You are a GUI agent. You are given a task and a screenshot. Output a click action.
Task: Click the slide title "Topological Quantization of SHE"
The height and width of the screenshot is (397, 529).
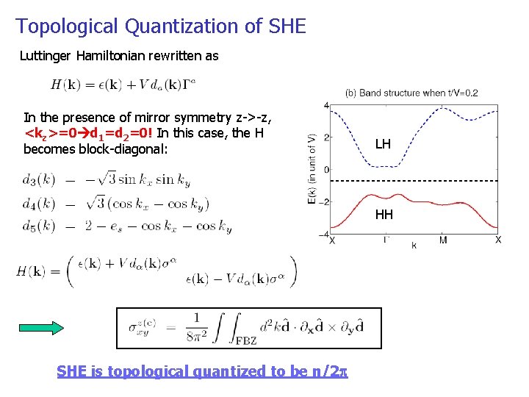tap(160, 26)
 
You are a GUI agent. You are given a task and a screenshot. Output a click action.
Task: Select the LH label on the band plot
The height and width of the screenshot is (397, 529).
tap(383, 144)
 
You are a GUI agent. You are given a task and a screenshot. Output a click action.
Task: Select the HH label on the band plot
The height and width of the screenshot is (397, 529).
tap(384, 215)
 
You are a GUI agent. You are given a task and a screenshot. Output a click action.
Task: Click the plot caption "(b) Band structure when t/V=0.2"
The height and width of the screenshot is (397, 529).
tap(411, 93)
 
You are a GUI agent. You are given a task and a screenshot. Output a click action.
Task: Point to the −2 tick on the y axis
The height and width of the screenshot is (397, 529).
tap(325, 201)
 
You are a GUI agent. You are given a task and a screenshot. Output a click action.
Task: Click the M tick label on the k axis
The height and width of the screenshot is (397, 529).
tap(443, 240)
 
